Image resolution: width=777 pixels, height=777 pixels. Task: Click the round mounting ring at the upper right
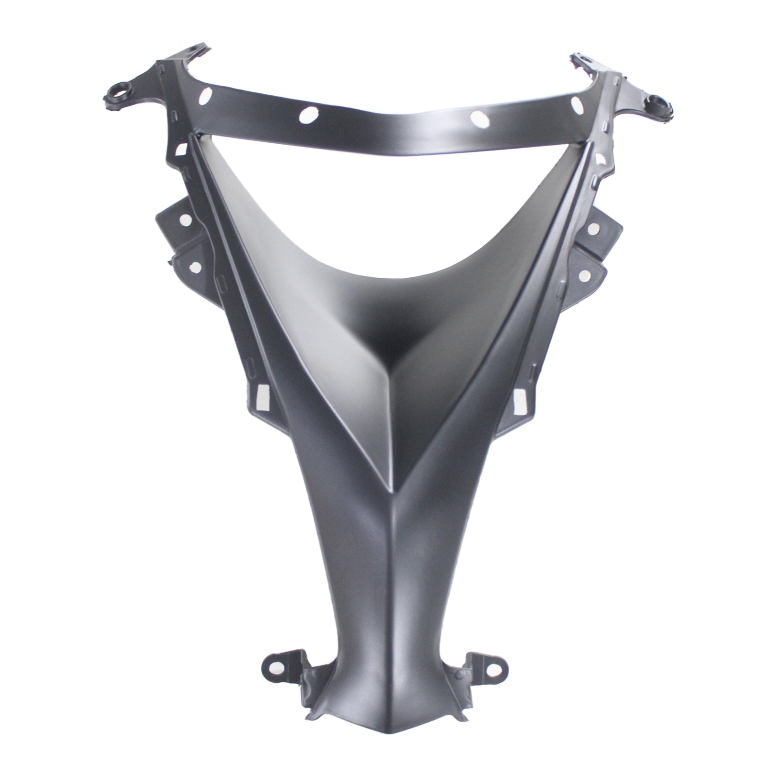[x=657, y=102]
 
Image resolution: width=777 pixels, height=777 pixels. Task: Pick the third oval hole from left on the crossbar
[x=478, y=116]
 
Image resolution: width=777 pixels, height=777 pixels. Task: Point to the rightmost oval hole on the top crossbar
[x=576, y=103]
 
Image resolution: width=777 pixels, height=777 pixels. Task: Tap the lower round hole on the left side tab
[x=196, y=266]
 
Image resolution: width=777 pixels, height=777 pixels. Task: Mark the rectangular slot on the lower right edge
[x=518, y=397]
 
